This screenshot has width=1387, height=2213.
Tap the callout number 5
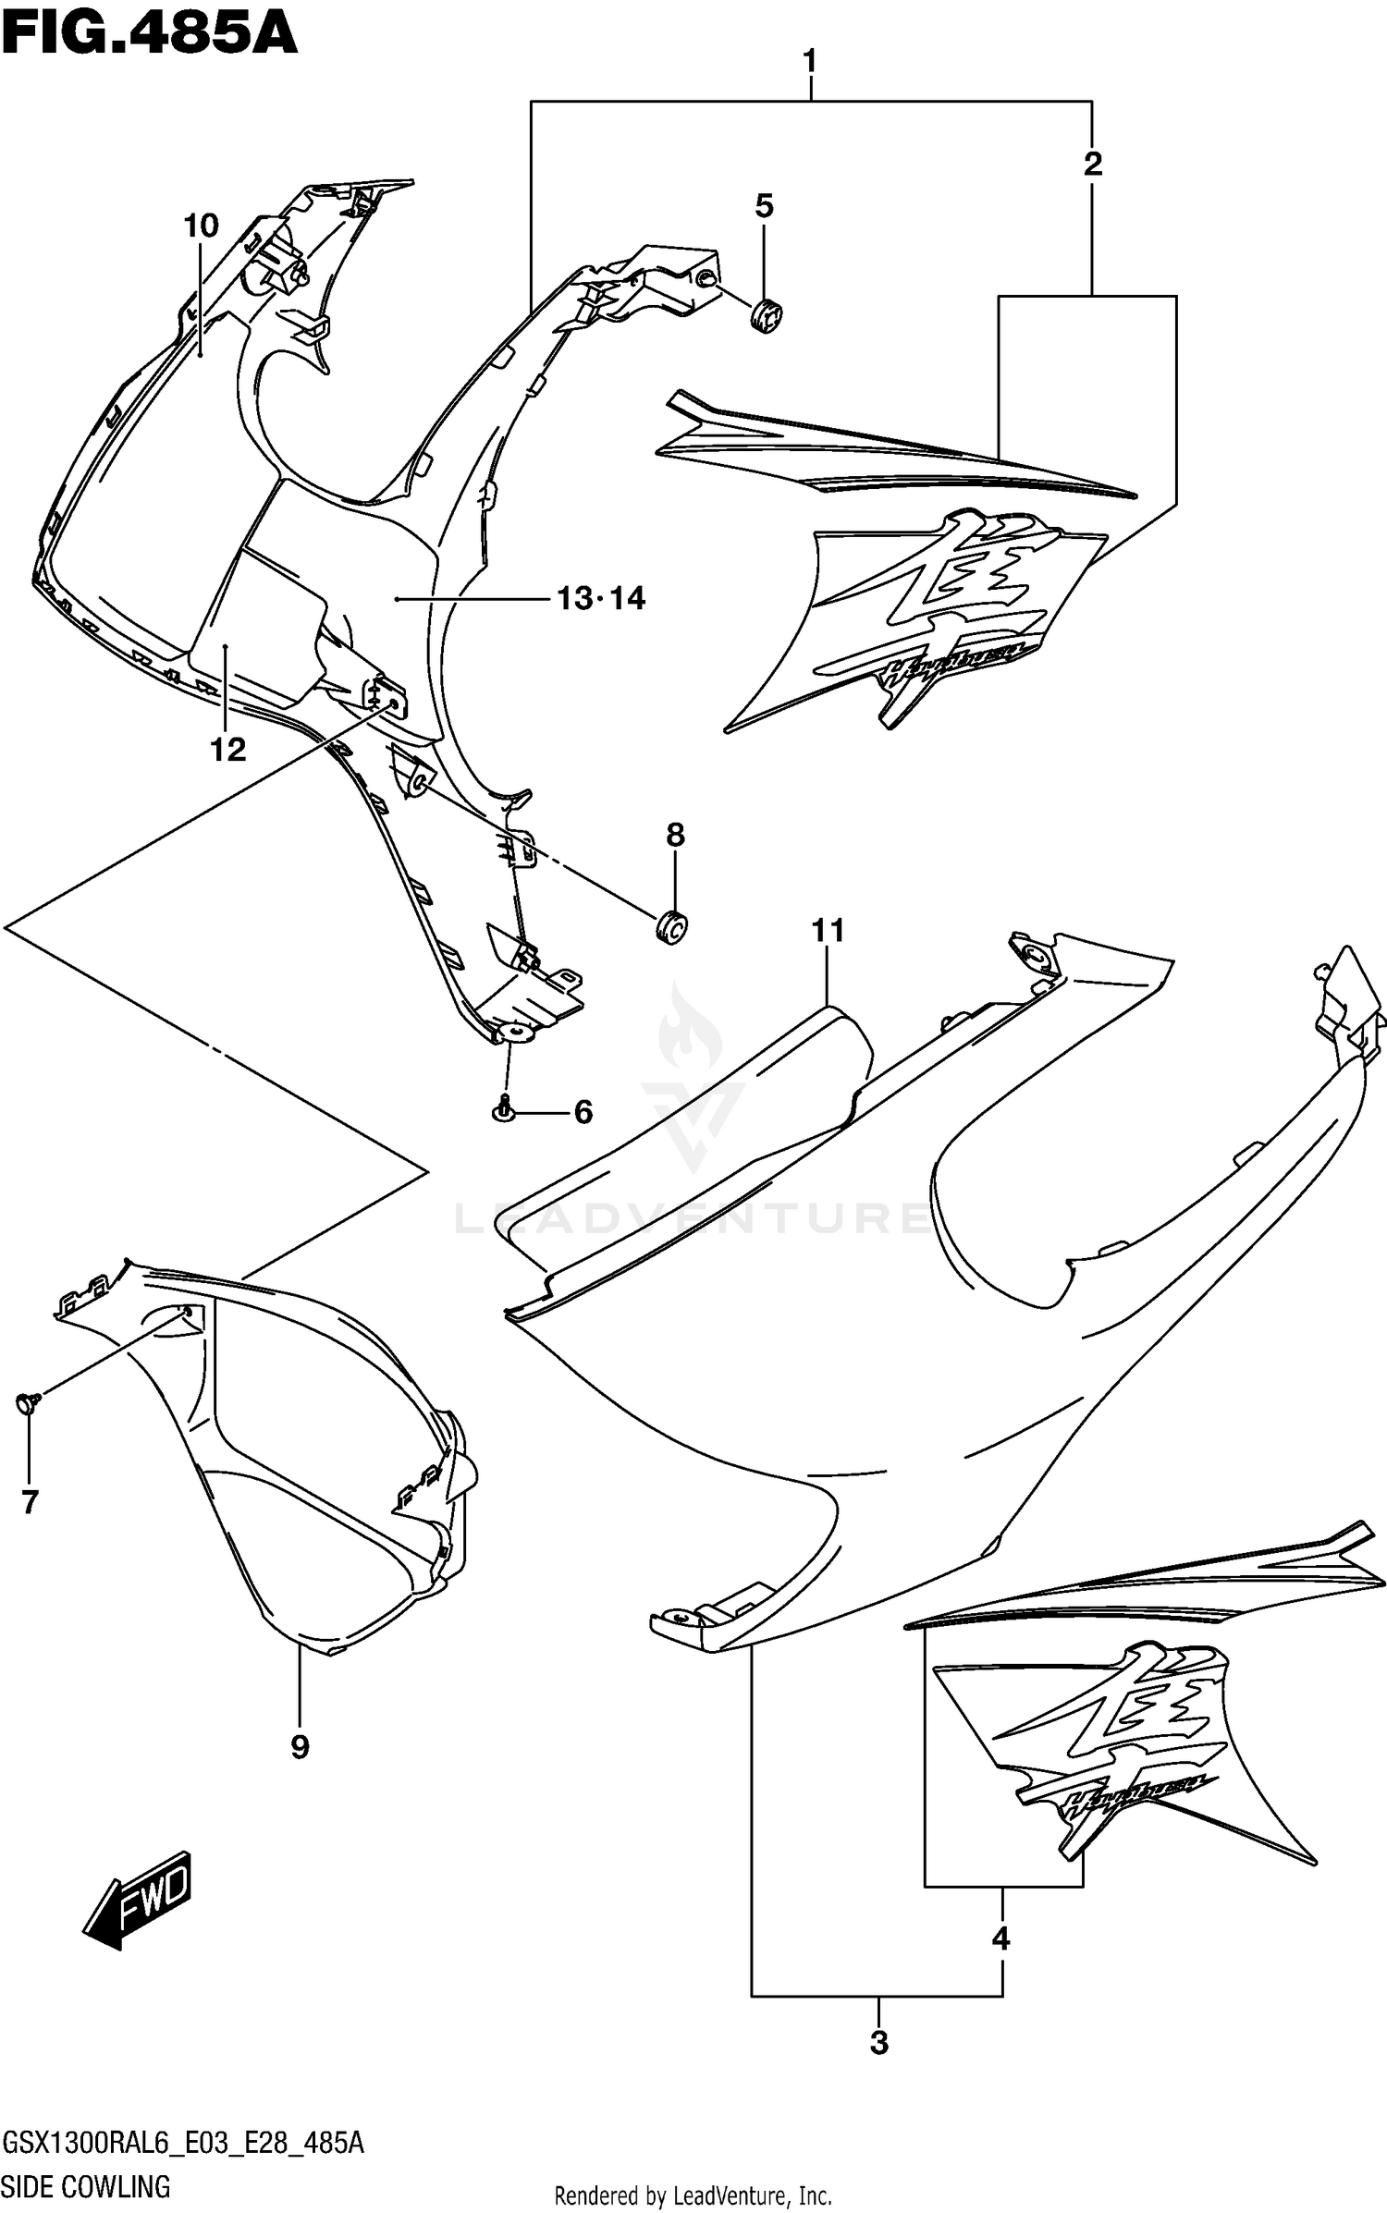tap(764, 206)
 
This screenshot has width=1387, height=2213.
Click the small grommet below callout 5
tap(767, 316)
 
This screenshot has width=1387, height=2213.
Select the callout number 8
tap(675, 835)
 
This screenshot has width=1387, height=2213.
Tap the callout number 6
tap(583, 1112)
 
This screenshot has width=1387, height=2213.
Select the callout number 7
tap(30, 1502)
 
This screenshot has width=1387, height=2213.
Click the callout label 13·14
tap(601, 599)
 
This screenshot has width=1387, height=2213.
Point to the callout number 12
tap(228, 750)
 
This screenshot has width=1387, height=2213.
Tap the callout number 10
tap(201, 226)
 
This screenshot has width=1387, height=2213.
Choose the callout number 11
tap(828, 930)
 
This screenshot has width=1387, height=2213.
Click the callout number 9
tap(300, 1746)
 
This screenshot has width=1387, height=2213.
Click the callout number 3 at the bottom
tap(878, 2042)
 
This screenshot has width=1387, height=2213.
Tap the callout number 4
tap(1000, 1938)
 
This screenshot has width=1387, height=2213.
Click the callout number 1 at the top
tap(810, 62)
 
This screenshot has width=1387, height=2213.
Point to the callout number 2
tap(1092, 165)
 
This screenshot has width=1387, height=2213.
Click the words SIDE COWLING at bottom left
tap(86, 2185)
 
